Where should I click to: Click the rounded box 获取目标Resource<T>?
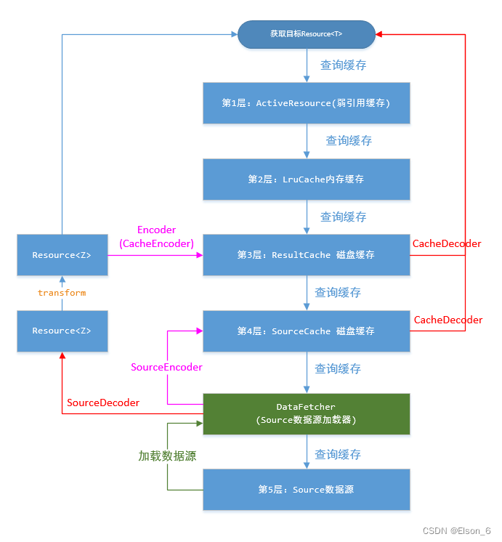tap(306, 33)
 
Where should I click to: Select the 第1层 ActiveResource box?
tap(306, 103)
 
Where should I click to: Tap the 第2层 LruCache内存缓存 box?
tap(306, 179)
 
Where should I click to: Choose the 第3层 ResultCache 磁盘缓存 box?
tap(306, 255)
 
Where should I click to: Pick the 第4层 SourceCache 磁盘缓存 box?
tap(306, 331)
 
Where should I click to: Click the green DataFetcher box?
tap(306, 414)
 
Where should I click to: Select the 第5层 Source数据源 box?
tap(306, 490)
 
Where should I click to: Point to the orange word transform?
tap(62, 293)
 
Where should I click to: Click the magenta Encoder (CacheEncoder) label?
tap(156, 237)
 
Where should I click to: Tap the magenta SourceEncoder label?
tap(166, 368)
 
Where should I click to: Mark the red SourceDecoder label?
tap(103, 403)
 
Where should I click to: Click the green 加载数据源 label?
tap(167, 456)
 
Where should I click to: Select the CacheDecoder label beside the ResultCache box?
tap(447, 244)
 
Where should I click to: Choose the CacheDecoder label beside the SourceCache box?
tap(448, 320)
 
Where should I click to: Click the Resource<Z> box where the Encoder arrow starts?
tap(62, 255)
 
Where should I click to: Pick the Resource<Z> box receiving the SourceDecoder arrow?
tap(62, 331)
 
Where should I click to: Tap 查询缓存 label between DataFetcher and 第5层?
tap(338, 455)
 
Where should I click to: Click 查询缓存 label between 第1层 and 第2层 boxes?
tap(349, 141)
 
